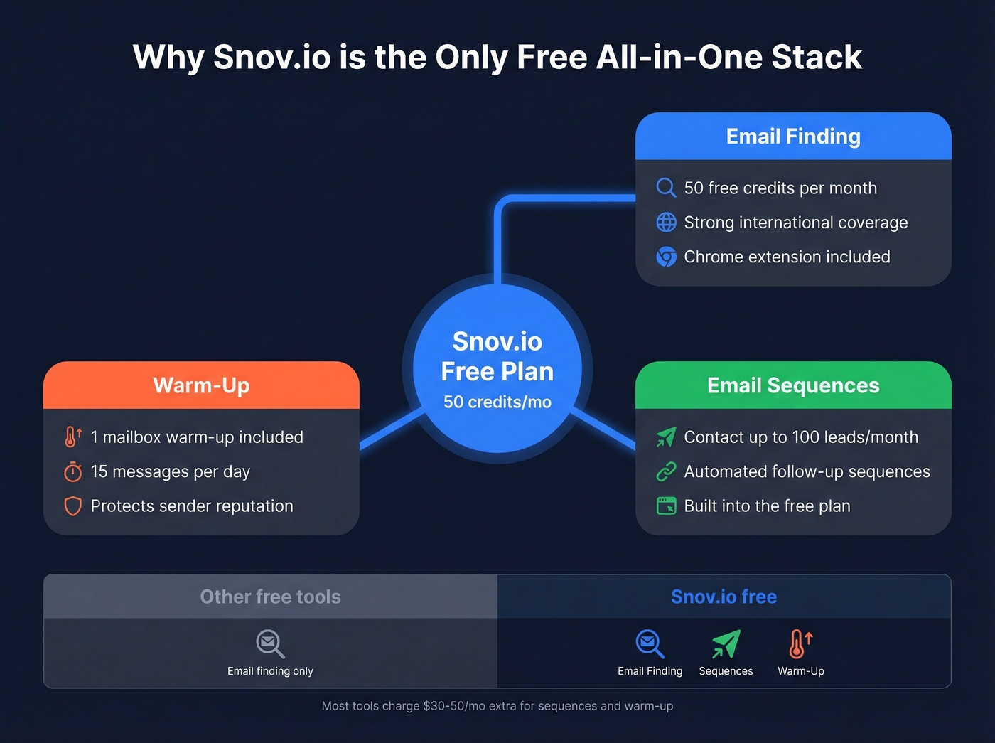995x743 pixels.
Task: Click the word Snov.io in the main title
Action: (x=271, y=58)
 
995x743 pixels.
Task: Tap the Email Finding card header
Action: (x=793, y=136)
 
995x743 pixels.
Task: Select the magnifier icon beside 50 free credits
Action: (x=666, y=188)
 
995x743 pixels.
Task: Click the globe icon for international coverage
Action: (x=666, y=223)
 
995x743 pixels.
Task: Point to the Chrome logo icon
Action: (x=666, y=257)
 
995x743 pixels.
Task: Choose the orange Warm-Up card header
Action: (x=201, y=385)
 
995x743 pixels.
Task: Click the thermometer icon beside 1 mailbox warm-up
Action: (x=72, y=437)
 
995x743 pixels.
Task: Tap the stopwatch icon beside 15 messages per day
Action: (x=72, y=471)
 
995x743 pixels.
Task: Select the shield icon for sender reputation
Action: (x=72, y=506)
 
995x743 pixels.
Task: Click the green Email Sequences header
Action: (x=793, y=385)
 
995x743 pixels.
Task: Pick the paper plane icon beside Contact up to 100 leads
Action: (x=666, y=437)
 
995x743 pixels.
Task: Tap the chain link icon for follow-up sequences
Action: (x=666, y=471)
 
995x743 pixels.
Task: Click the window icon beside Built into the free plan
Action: (x=666, y=506)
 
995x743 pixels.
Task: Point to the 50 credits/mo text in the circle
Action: (x=497, y=402)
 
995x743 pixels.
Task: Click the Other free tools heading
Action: (x=270, y=597)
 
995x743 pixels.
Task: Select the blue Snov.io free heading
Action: (x=724, y=597)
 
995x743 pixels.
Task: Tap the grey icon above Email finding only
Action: (x=270, y=643)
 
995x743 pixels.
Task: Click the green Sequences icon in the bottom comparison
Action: (x=726, y=643)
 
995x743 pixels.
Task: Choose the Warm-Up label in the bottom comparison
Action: (x=801, y=671)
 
